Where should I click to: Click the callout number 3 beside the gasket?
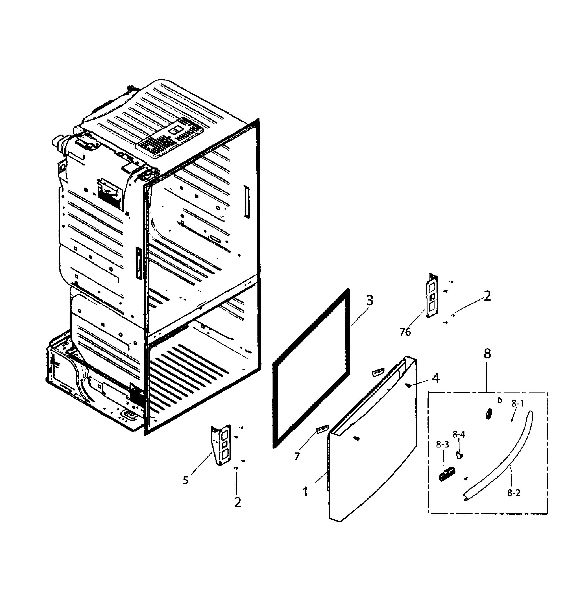(370, 301)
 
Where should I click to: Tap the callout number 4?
(436, 378)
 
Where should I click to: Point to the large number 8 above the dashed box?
(487, 353)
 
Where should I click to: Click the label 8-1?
(518, 403)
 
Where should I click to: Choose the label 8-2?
(514, 493)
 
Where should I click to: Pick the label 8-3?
(442, 444)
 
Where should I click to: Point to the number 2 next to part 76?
(487, 296)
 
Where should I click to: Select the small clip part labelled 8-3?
(447, 474)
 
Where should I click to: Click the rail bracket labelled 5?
(221, 445)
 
